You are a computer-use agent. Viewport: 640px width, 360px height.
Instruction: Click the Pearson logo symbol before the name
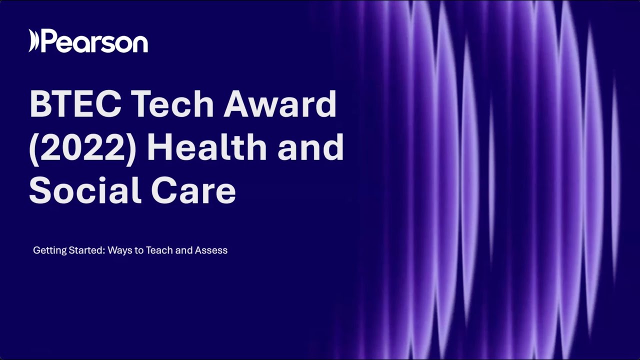point(33,41)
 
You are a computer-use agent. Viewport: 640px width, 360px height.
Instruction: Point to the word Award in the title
point(280,104)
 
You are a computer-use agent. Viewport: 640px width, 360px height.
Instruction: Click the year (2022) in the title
point(83,148)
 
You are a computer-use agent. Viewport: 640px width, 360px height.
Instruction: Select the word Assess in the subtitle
point(212,250)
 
